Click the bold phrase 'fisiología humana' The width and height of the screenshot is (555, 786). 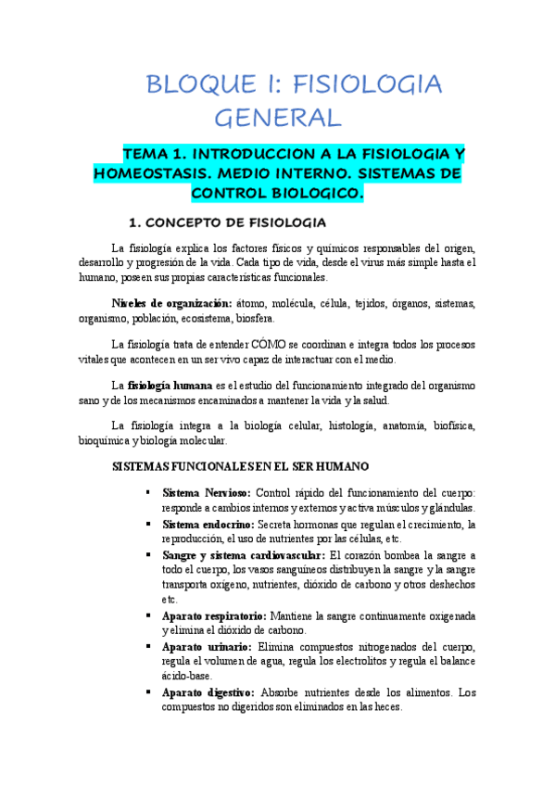point(170,385)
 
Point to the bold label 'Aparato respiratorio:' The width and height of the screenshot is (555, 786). point(214,615)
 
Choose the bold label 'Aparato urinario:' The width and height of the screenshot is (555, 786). point(205,645)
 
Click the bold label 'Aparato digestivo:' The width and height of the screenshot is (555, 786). point(208,691)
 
